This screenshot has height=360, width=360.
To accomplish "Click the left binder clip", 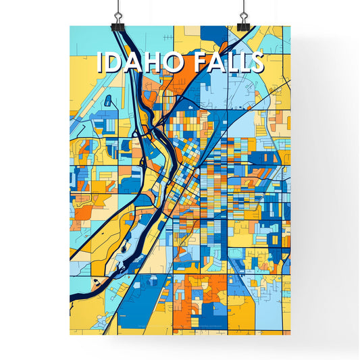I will point(119,23).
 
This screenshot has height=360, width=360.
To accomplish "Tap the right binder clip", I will point(241,23).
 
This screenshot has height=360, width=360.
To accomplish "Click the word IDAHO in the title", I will point(141,62).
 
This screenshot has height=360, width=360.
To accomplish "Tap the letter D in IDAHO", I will point(115,62).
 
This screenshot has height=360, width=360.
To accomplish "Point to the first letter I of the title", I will point(101,62).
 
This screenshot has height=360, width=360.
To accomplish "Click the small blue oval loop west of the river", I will point(107,101).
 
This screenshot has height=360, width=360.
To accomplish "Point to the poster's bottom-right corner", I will point(290,335).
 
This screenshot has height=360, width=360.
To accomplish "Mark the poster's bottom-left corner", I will point(70,335).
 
